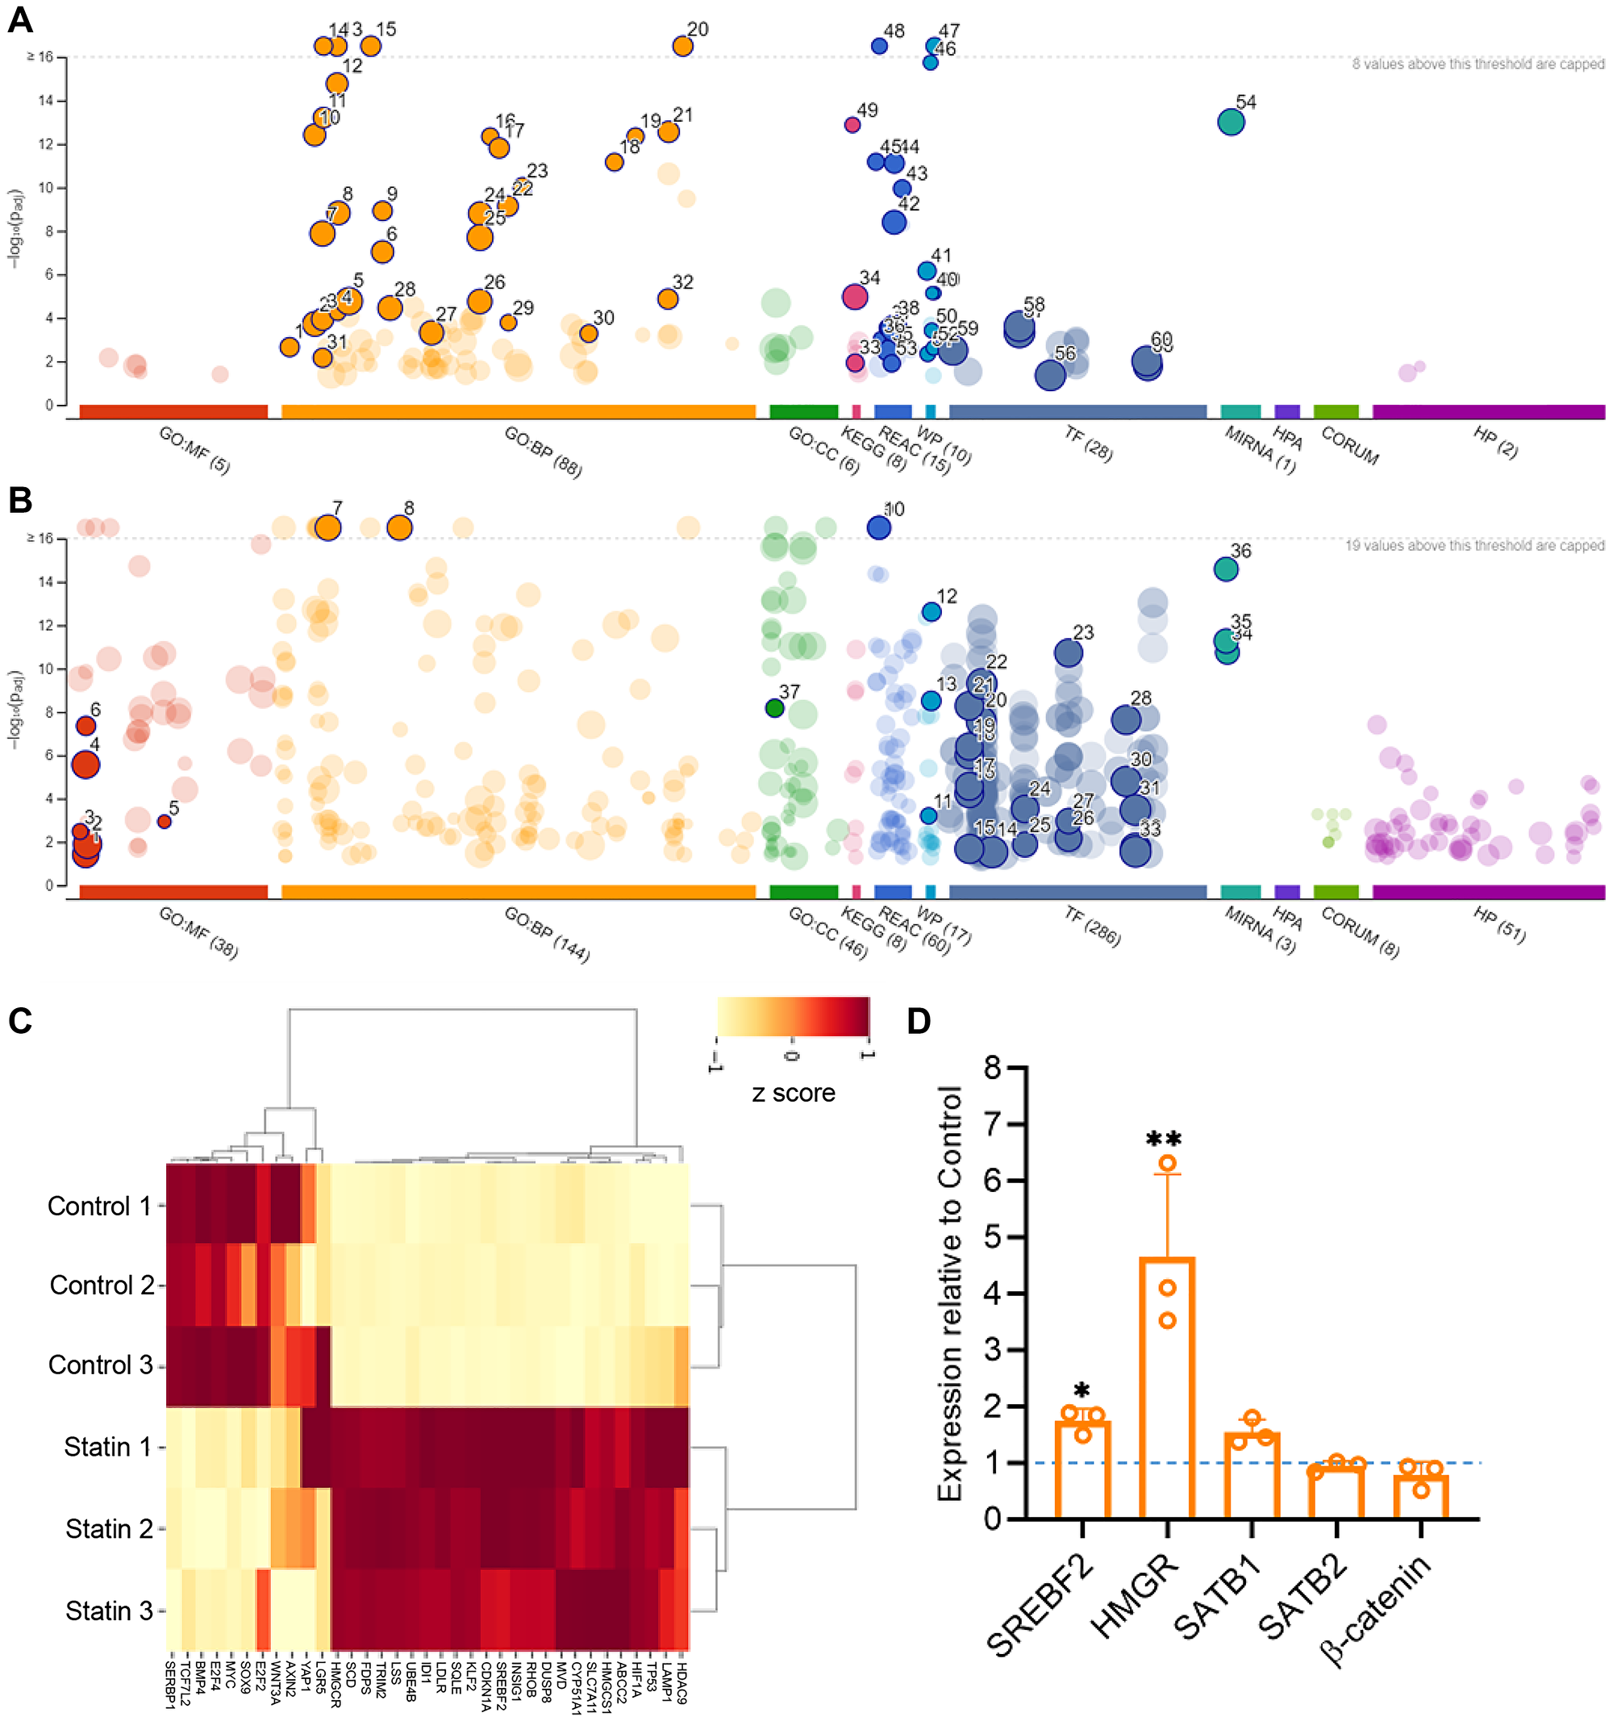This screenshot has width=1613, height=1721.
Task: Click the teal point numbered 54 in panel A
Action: [1230, 122]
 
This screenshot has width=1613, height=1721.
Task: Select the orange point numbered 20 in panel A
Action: [682, 46]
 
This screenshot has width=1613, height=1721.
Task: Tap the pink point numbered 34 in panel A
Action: [854, 297]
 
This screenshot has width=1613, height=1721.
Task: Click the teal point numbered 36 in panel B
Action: [1225, 569]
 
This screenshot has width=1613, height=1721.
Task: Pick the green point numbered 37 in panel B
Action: [774, 708]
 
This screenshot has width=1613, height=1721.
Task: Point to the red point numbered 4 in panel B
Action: [85, 765]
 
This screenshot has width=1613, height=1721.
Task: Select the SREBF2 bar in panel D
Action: [1082, 1469]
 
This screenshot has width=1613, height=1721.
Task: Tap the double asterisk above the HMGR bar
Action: [1163, 1140]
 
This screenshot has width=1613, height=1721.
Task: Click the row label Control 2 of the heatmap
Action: [102, 1285]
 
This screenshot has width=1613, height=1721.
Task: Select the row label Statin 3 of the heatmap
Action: [108, 1611]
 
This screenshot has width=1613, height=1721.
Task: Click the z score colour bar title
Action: [793, 1094]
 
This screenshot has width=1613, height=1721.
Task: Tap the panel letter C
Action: [20, 1021]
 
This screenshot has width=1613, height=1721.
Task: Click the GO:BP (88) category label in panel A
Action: [543, 452]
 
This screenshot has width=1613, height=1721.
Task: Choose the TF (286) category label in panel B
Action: [1092, 927]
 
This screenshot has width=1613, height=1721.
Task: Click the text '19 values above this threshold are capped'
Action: [1473, 545]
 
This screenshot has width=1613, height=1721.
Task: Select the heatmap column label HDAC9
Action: [682, 1683]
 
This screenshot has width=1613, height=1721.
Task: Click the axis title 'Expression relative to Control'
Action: [950, 1294]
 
